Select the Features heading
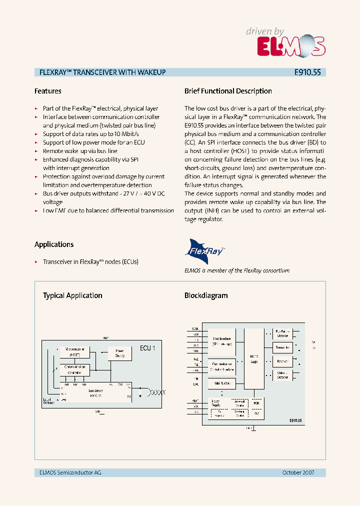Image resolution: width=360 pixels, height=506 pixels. [48, 91]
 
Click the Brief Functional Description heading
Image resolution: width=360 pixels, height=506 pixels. [228, 91]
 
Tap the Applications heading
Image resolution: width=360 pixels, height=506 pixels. [54, 244]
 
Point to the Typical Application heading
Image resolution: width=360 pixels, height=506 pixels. [72, 295]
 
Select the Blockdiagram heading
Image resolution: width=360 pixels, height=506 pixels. [206, 295]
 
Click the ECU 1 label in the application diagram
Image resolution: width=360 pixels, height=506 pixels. [147, 348]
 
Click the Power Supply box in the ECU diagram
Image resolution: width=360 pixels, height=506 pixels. [120, 353]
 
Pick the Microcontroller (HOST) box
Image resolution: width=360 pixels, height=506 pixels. [74, 351]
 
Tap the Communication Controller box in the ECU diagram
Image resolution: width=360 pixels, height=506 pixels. [74, 369]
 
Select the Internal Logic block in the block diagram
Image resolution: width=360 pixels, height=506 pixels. [254, 358]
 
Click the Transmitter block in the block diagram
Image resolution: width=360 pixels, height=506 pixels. [282, 347]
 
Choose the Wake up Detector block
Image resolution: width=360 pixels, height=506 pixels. [282, 374]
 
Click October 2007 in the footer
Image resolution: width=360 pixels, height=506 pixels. [298, 472]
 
